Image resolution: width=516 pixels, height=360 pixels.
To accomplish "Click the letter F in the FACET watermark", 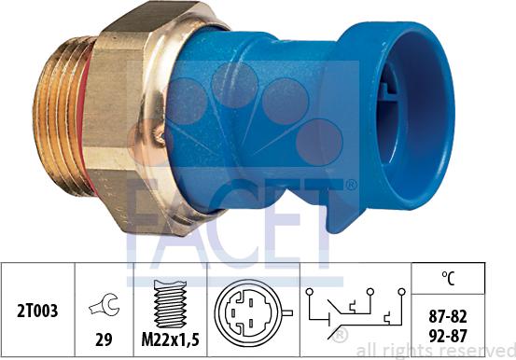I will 149,224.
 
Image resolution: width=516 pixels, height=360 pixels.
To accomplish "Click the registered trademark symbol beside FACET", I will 351,185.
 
